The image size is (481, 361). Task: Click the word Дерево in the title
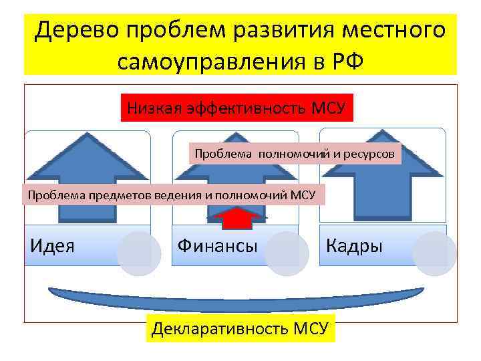tap(78, 31)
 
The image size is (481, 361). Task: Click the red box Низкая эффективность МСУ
tap(237, 107)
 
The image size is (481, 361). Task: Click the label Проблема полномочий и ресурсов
tap(295, 154)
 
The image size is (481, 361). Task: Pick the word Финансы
tap(217, 245)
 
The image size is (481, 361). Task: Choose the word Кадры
tap(354, 245)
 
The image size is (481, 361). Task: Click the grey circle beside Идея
tap(138, 254)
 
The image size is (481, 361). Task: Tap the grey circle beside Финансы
tap(286, 254)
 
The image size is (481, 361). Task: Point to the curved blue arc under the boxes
tap(237, 297)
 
